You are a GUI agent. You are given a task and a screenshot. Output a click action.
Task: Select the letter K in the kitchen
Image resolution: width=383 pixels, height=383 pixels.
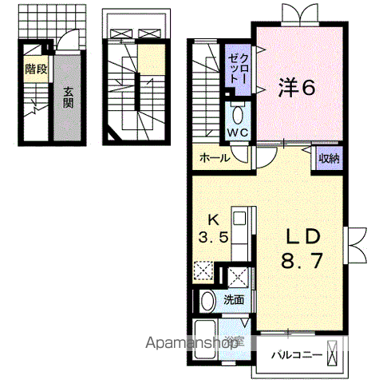coord(214,220)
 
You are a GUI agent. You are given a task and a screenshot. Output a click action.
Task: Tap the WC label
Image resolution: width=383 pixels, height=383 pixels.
coord(239,132)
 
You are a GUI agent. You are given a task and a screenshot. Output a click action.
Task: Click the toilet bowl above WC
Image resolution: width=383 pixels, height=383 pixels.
coord(238,111)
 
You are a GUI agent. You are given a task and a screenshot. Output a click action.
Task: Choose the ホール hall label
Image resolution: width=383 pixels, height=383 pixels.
coord(215,158)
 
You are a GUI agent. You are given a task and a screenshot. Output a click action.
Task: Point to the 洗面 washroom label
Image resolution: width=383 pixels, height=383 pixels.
coord(233,300)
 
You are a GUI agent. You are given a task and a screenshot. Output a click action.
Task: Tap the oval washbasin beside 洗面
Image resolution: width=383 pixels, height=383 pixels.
coord(207,302)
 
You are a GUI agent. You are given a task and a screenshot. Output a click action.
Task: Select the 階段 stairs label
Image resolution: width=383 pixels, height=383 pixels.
coord(35,69)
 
